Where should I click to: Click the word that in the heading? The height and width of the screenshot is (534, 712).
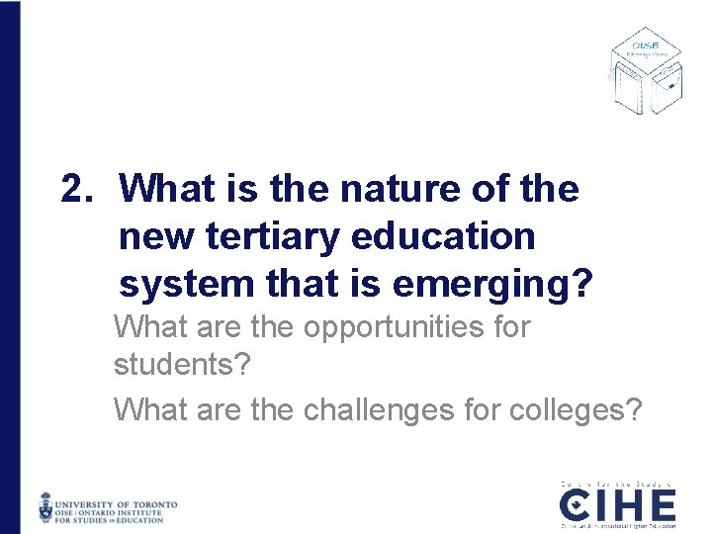point(302,285)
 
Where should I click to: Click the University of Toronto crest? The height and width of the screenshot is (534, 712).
point(46,508)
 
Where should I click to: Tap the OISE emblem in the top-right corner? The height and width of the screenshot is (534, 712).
point(645,69)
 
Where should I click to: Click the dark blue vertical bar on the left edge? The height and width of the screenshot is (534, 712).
point(9,267)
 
